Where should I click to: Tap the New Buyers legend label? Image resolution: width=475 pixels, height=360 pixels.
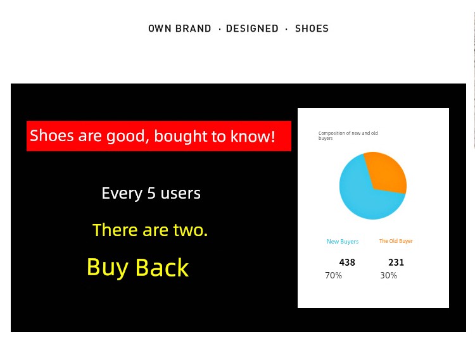[343, 242]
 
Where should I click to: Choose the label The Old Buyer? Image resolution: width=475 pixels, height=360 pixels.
[396, 241]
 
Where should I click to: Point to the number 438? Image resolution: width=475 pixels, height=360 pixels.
[347, 263]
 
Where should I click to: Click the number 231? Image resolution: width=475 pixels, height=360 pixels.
[396, 263]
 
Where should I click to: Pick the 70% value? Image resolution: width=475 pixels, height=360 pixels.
[334, 275]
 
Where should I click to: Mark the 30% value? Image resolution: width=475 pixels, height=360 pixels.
[389, 275]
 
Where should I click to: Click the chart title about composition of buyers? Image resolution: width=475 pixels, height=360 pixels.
[348, 135]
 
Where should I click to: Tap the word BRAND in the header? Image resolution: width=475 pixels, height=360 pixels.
[193, 28]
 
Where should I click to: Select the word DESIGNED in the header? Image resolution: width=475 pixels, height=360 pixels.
[252, 28]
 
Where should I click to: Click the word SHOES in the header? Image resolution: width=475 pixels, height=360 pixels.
[312, 28]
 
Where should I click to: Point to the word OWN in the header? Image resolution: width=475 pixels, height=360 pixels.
[160, 28]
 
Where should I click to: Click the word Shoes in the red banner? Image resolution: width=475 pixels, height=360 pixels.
[52, 135]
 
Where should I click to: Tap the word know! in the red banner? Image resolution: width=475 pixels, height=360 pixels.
[253, 136]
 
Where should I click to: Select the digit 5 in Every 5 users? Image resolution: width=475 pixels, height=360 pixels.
[151, 194]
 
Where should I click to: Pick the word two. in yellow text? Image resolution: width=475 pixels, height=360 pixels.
[191, 230]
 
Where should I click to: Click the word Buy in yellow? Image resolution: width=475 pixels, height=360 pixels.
[108, 268]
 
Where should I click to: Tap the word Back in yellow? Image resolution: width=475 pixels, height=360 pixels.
[162, 267]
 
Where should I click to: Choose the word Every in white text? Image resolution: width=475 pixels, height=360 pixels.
[122, 194]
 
